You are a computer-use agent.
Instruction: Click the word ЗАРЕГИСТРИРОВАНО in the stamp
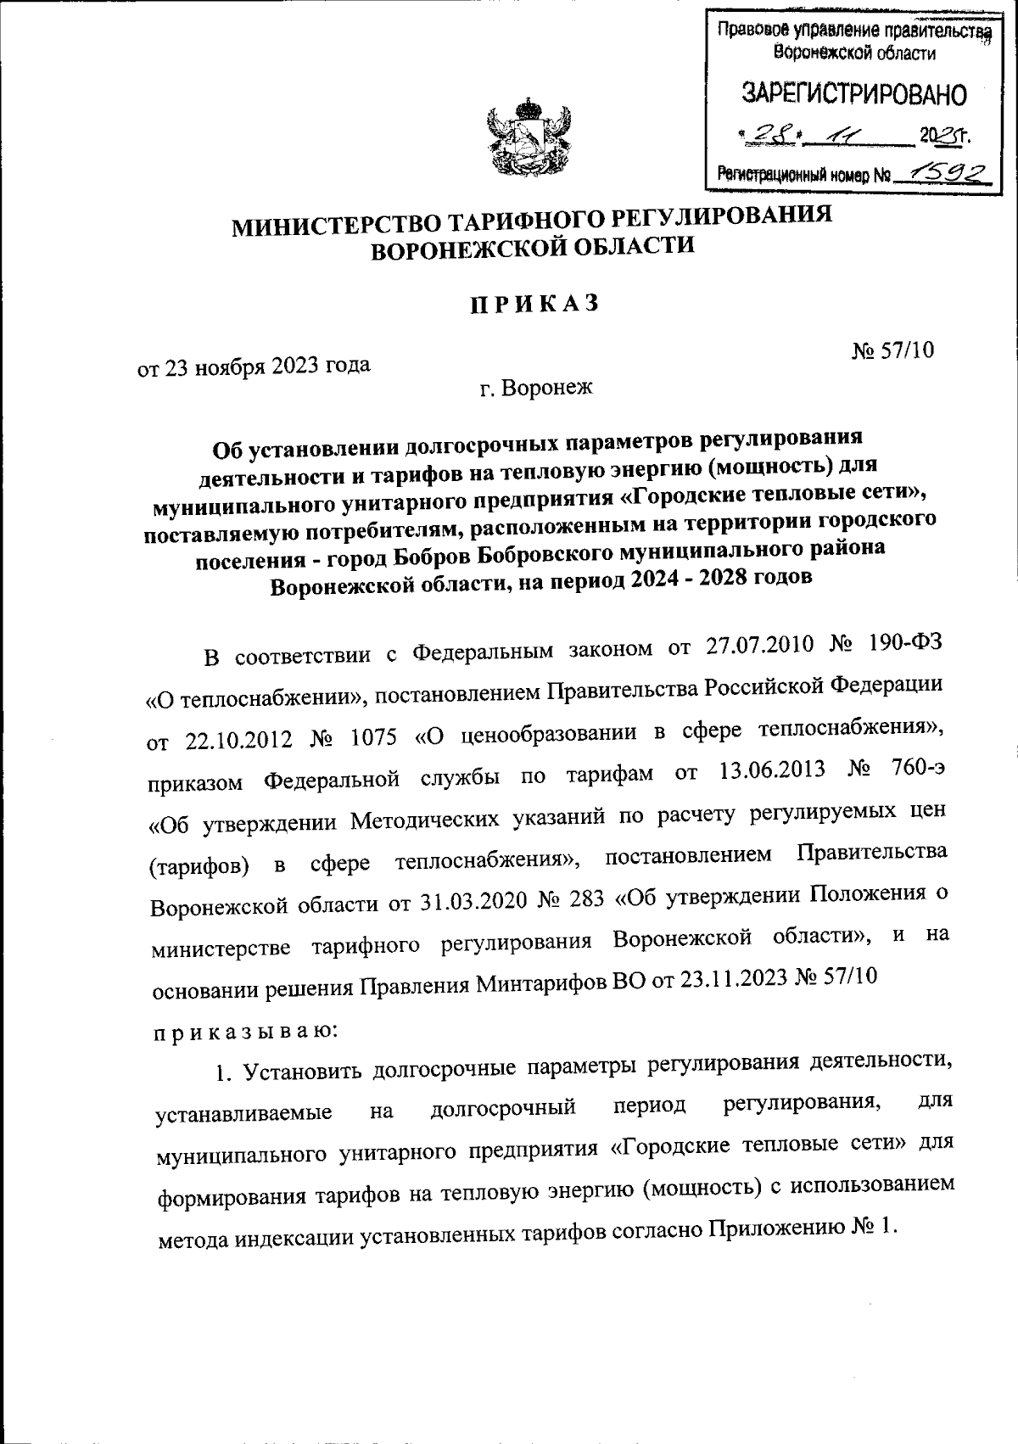click(854, 93)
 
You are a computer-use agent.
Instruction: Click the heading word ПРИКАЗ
click(534, 305)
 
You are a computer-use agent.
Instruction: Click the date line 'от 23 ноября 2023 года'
click(255, 366)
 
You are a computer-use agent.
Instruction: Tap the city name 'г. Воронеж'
click(535, 389)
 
